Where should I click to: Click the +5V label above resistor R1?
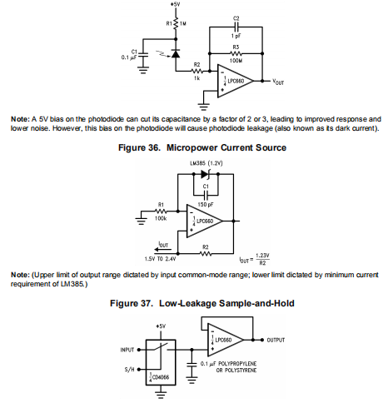176,4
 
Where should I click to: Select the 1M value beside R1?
183,24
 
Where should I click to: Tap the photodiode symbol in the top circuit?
176,53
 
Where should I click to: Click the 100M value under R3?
236,60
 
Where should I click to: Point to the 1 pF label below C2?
236,36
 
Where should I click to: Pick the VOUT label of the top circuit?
278,82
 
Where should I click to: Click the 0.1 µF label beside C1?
129,57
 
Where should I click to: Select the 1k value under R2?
196,78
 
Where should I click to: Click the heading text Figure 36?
139,147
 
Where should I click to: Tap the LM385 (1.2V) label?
206,163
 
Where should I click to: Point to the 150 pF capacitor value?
206,205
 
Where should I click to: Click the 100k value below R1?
161,219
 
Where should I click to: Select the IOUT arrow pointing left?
161,250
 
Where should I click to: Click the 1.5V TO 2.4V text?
160,259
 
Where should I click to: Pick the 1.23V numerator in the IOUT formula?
262,256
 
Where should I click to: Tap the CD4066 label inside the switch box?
161,377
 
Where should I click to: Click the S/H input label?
129,370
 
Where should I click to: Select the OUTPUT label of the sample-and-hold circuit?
276,340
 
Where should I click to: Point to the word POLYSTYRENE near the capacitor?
241,371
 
